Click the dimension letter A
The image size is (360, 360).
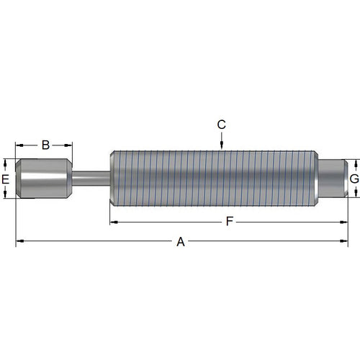tap(181, 243)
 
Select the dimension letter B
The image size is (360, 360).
tap(45, 145)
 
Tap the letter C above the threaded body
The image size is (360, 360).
tap(222, 125)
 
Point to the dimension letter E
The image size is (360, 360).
tap(6, 178)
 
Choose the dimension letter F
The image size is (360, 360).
tap(229, 221)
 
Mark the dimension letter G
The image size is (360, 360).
tap(354, 178)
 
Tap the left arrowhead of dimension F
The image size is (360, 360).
tap(112, 222)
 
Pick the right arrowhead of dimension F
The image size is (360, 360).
tap(346, 222)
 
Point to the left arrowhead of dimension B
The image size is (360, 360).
tap(19, 145)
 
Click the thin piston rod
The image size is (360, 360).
tap(90, 177)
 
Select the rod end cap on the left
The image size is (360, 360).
tap(43, 177)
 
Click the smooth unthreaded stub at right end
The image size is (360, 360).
tap(332, 177)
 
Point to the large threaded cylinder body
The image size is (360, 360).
tap(212, 177)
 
